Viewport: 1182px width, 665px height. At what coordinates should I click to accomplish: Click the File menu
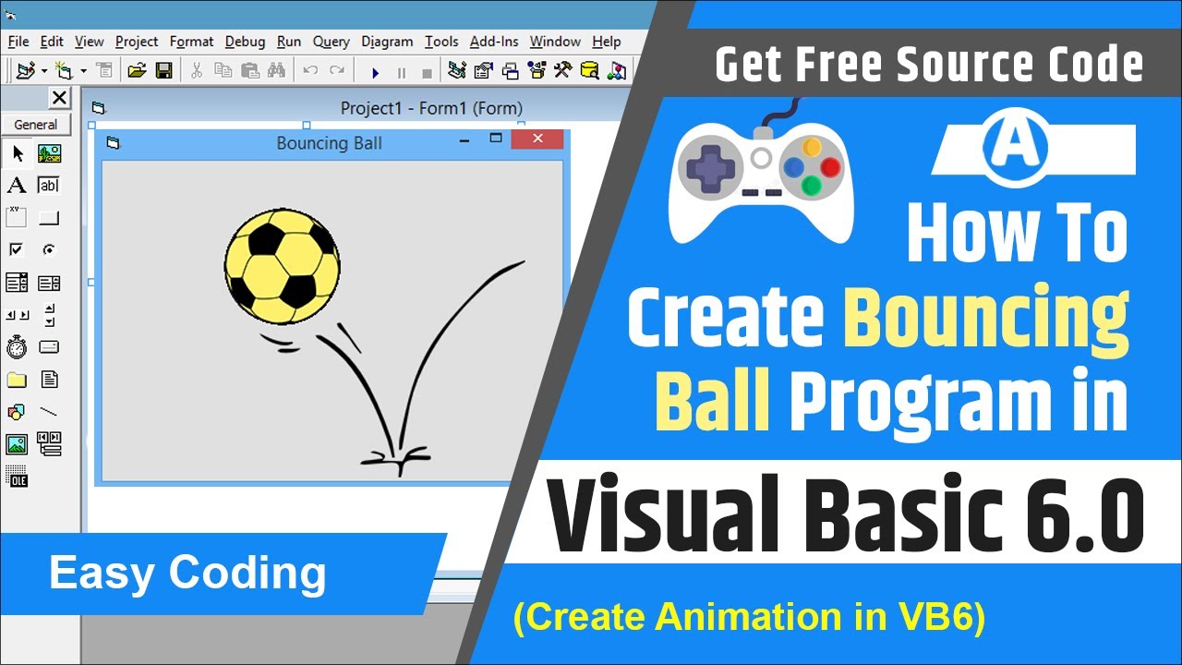coord(18,42)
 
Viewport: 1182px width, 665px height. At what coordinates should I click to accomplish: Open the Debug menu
coord(245,42)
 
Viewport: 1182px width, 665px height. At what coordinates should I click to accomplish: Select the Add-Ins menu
coord(494,42)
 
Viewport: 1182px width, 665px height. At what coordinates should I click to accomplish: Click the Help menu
coord(607,42)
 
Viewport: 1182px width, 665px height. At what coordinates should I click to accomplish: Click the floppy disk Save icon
coord(163,70)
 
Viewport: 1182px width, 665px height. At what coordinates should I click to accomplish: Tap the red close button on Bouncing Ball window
coord(537,139)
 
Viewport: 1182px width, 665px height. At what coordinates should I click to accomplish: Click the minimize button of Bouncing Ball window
coord(464,140)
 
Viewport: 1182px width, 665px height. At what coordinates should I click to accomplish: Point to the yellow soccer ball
coord(283,266)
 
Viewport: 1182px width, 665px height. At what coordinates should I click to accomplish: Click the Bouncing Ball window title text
coord(329,143)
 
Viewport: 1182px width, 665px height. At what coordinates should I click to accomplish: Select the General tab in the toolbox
coord(35,125)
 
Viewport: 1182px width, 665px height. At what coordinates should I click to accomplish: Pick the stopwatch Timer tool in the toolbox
coord(17,347)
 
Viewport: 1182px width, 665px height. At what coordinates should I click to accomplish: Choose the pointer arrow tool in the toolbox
coord(18,153)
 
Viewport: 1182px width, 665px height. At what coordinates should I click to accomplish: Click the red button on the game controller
coord(830,167)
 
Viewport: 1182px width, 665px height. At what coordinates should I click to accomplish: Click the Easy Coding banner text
coord(187,574)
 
